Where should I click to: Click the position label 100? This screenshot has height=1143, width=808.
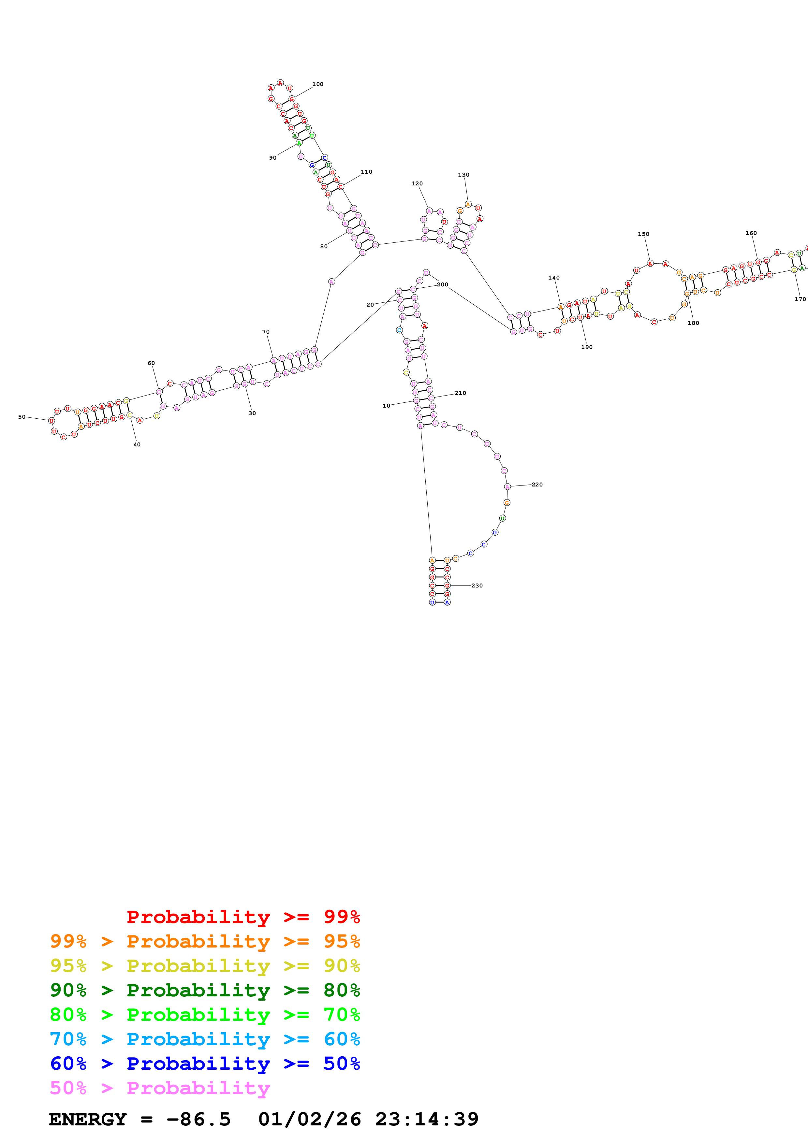click(317, 84)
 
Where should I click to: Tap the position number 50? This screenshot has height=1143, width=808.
click(22, 417)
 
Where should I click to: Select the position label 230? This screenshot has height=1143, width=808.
click(477, 586)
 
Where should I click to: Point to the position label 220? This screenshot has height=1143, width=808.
click(537, 485)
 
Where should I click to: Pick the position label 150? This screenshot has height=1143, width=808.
click(643, 234)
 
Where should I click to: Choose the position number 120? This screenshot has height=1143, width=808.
click(417, 184)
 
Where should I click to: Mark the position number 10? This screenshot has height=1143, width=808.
click(386, 406)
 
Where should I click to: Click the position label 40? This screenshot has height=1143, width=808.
click(137, 444)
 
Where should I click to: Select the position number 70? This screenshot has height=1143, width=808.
click(266, 332)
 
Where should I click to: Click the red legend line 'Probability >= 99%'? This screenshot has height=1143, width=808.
click(243, 917)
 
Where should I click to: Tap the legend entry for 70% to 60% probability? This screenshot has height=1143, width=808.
click(205, 1039)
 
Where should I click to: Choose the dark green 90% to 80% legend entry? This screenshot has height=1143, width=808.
click(205, 990)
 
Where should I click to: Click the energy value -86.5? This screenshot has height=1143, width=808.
click(198, 1119)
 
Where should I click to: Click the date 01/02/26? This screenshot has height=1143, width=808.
click(309, 1119)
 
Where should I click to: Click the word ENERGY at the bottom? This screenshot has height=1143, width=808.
click(88, 1119)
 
